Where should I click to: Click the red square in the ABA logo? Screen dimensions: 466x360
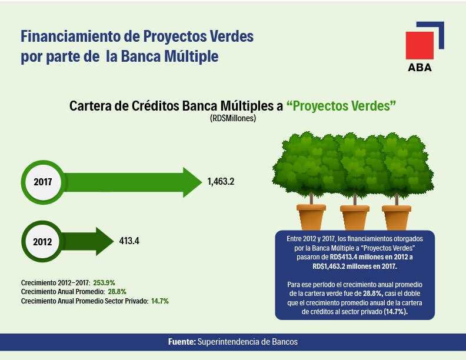click(x=420, y=45)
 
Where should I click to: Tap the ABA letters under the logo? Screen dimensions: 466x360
click(x=420, y=68)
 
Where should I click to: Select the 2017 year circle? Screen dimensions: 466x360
click(x=43, y=182)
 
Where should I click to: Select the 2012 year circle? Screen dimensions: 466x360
click(x=42, y=242)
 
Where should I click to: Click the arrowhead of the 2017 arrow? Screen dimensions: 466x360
click(x=192, y=182)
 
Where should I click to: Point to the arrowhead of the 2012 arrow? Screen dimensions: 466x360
click(x=105, y=241)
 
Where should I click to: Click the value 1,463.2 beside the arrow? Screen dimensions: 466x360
click(x=221, y=182)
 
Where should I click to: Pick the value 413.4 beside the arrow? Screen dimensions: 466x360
click(x=129, y=241)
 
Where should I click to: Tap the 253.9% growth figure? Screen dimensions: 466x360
click(x=104, y=282)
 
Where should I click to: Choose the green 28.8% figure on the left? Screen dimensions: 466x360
click(x=117, y=292)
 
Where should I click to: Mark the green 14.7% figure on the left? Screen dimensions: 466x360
click(x=160, y=301)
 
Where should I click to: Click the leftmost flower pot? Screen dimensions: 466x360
click(x=311, y=217)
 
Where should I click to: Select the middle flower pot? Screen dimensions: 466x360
click(x=355, y=218)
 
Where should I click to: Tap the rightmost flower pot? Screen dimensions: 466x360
click(x=397, y=218)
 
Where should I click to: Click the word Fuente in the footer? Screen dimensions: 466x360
click(x=182, y=342)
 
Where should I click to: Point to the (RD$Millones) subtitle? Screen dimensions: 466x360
click(x=233, y=118)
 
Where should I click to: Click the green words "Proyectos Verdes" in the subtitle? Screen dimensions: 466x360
click(x=341, y=106)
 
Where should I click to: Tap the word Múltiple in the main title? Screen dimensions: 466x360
click(x=191, y=56)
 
